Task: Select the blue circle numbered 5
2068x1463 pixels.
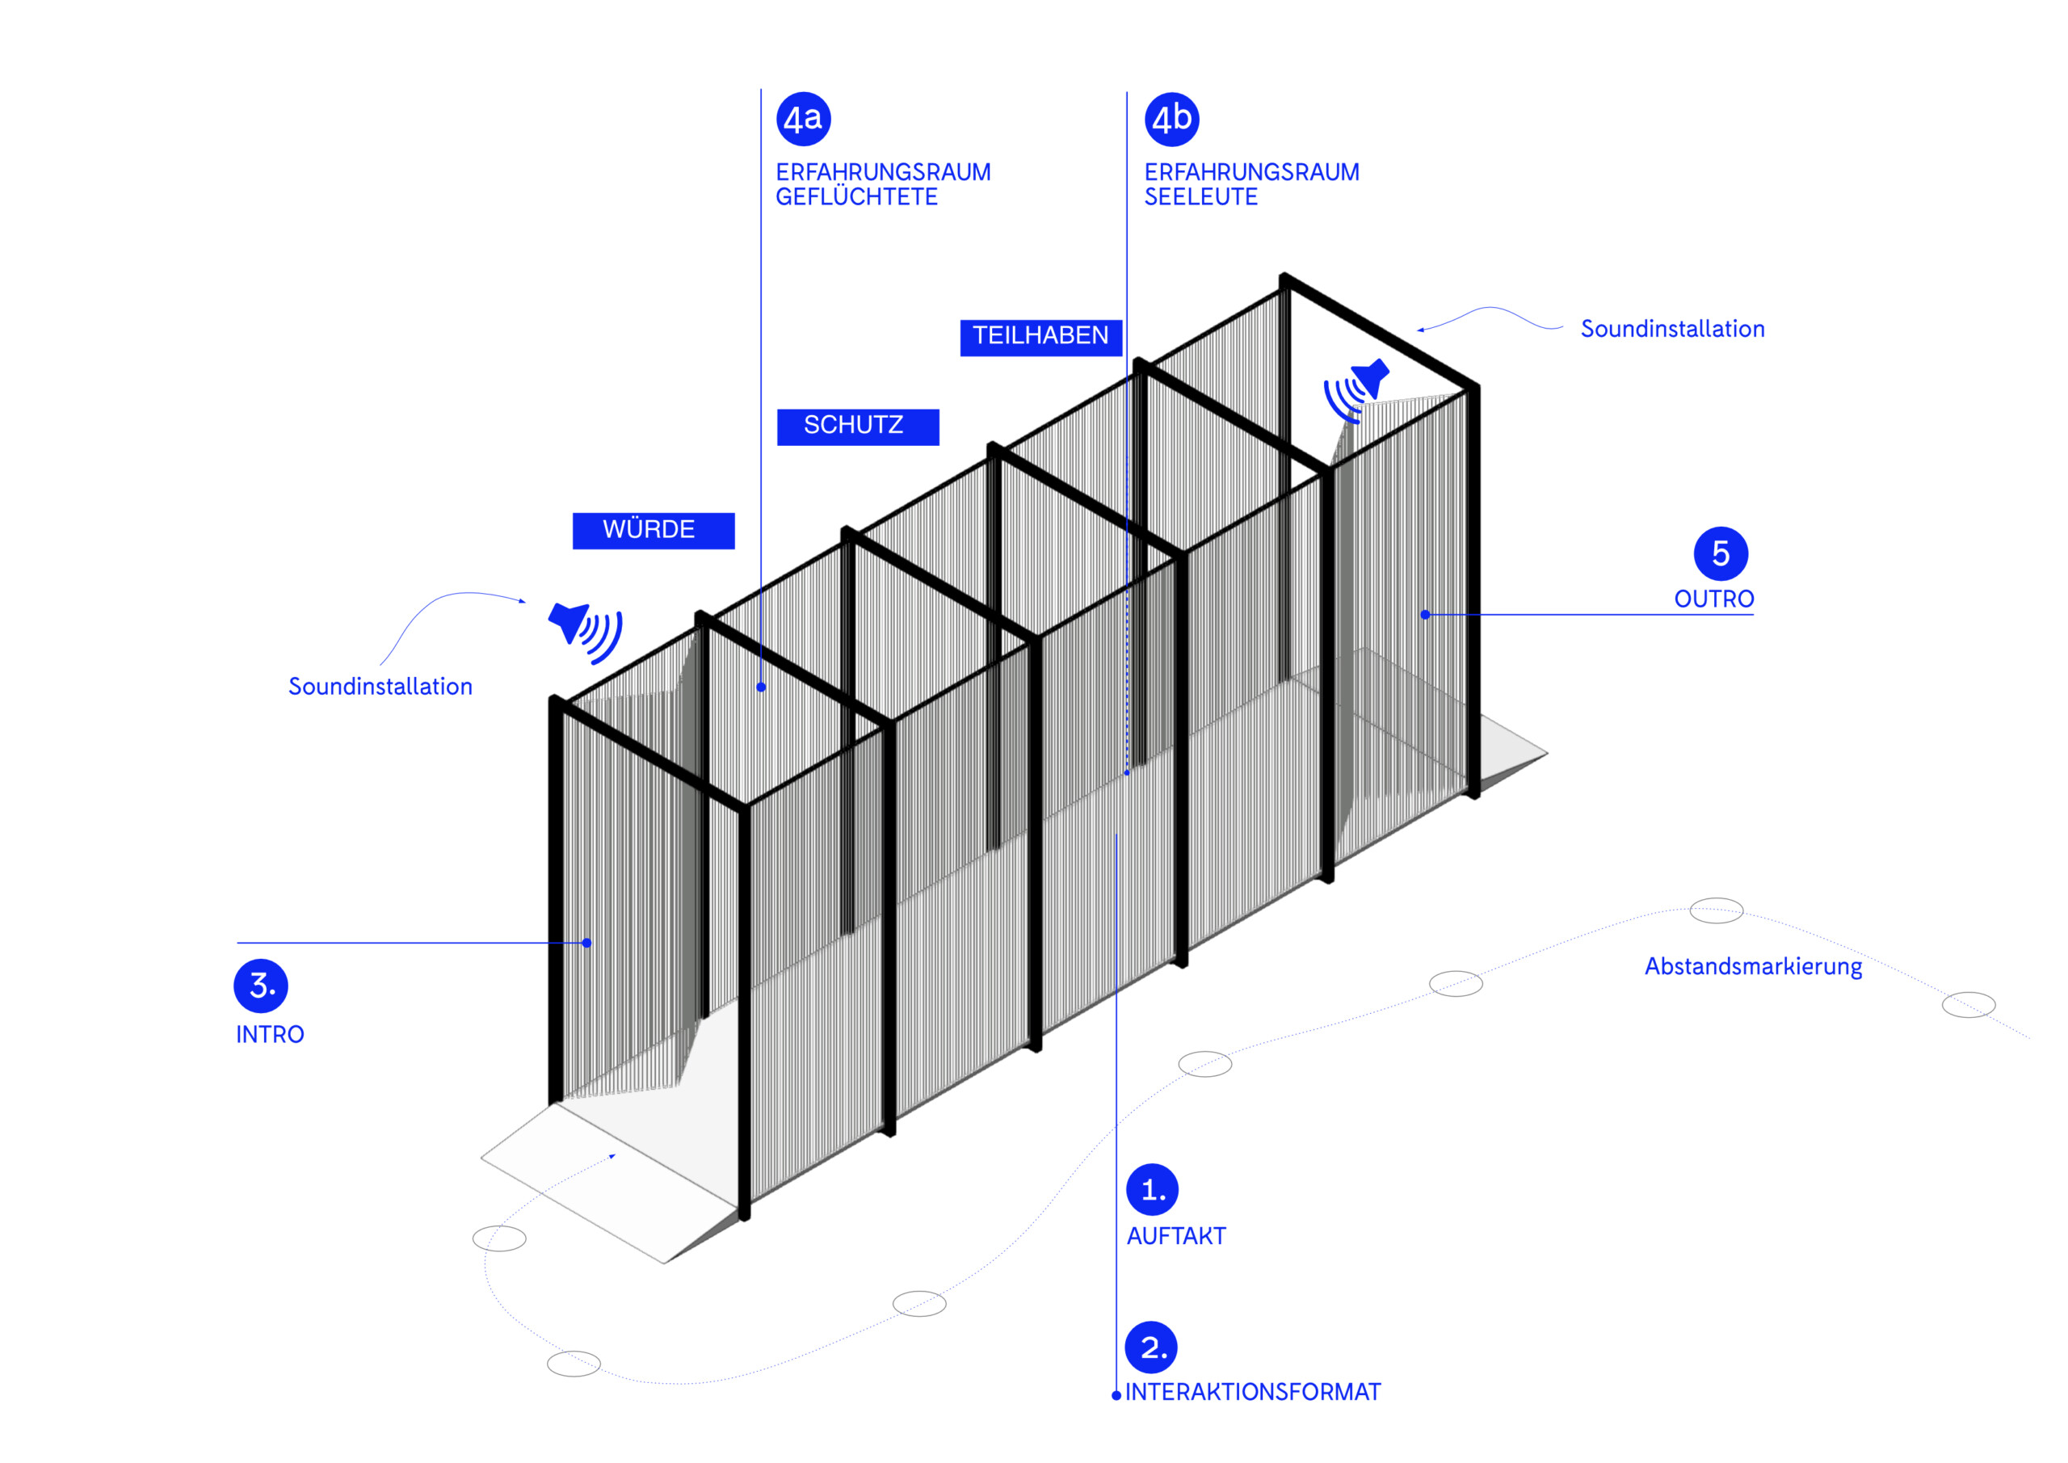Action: pyautogui.click(x=1721, y=553)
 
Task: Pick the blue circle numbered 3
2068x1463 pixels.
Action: pyautogui.click(x=260, y=986)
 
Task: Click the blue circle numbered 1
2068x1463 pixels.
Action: pyautogui.click(x=1152, y=1190)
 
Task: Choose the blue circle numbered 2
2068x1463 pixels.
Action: pyautogui.click(x=1151, y=1347)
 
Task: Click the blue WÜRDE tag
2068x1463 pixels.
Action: pyautogui.click(x=653, y=530)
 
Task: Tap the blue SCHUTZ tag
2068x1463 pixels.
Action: pyautogui.click(x=857, y=426)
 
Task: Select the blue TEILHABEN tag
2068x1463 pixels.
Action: pyautogui.click(x=1040, y=337)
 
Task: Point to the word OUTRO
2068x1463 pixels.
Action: pyautogui.click(x=1713, y=599)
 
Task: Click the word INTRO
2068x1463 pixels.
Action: pyautogui.click(x=269, y=1034)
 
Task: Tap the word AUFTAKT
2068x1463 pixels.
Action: pyautogui.click(x=1175, y=1236)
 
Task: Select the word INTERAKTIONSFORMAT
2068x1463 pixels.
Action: pyautogui.click(x=1252, y=1392)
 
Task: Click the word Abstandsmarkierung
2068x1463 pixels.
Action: pyautogui.click(x=1753, y=967)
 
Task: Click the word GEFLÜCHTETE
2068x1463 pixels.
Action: pyautogui.click(x=855, y=197)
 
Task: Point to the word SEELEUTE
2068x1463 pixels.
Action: pyautogui.click(x=1200, y=197)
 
